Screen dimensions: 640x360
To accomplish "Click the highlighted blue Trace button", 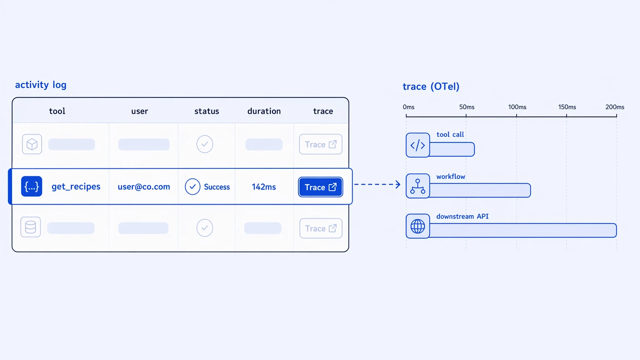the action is (x=320, y=187).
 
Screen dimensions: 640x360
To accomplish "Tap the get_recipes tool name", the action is (x=76, y=187).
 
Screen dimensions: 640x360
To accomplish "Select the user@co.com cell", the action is (x=144, y=187).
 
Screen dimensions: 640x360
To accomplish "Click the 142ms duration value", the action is (x=264, y=187).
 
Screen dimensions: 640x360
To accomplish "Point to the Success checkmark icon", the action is (x=192, y=187).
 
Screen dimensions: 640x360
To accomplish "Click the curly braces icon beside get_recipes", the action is (x=32, y=186).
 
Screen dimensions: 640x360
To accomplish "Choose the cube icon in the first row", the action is (x=32, y=144).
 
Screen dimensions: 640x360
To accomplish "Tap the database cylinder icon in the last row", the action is (x=30, y=227).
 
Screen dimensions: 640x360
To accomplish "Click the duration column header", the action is (x=264, y=111).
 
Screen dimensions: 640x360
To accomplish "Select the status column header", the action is (x=207, y=111).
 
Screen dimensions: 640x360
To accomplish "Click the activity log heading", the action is (x=40, y=85).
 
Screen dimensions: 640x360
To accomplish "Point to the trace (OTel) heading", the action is (x=431, y=86).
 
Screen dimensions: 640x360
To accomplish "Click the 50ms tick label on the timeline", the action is (x=467, y=107).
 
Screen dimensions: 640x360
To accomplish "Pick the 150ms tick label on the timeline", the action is (x=567, y=107).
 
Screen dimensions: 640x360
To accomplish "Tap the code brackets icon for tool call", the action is (x=418, y=145).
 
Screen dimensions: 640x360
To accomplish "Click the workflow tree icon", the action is (x=418, y=186).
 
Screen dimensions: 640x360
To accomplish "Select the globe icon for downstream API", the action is (x=418, y=226).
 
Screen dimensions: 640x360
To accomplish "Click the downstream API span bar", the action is (x=523, y=230).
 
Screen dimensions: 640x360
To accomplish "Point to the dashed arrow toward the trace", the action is (x=377, y=184).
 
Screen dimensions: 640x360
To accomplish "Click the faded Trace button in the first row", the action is (x=320, y=144).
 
